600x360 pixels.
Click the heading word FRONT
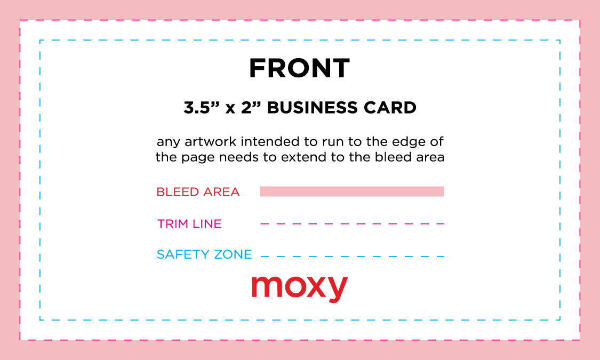[x=299, y=68]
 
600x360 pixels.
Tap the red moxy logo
[x=299, y=288]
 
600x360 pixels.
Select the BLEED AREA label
[x=198, y=192]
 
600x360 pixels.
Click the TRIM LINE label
[x=189, y=224]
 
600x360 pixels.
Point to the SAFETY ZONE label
[x=204, y=255]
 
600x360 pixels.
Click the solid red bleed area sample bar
[x=351, y=191]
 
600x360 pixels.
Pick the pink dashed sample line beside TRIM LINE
[x=351, y=224]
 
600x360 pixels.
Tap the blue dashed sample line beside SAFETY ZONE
[x=351, y=257]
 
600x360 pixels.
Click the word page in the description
[x=196, y=158]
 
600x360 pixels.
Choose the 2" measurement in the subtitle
[x=250, y=108]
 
